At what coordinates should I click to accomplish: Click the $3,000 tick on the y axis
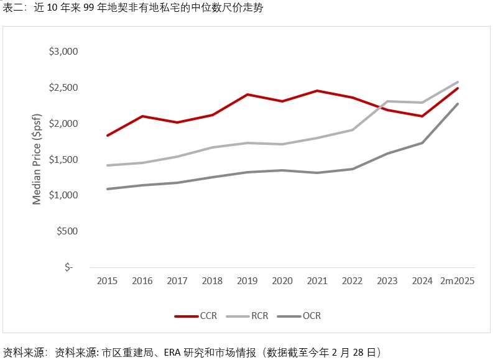[x=63, y=51]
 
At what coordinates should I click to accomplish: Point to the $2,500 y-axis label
[x=63, y=87]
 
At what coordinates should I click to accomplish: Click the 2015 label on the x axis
[x=108, y=281]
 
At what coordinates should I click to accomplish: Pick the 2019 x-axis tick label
[x=247, y=281]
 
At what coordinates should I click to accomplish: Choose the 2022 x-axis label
[x=352, y=281]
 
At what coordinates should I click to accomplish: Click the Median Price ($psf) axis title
[x=37, y=159]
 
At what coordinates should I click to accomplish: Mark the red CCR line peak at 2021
[x=317, y=91]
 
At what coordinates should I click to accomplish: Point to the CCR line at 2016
[x=142, y=116]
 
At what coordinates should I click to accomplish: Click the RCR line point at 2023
[x=387, y=101]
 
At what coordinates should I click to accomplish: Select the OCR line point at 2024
[x=422, y=143]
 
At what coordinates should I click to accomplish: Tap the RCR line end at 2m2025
[x=458, y=82]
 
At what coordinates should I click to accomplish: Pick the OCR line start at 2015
[x=108, y=189]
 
